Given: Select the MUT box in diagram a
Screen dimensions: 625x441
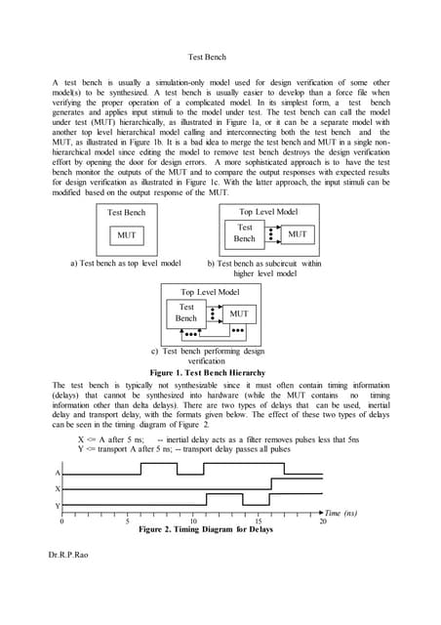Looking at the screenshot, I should (128, 234).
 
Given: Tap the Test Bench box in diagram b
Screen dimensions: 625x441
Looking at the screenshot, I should (245, 232).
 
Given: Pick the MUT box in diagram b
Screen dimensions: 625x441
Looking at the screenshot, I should (298, 234).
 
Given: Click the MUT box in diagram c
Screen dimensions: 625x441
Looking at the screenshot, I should (239, 313).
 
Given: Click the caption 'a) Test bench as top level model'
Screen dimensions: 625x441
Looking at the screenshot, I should (127, 263).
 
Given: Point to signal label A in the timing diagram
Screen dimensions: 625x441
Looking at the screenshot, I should (57, 472).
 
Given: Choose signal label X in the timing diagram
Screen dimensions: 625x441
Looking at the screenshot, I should (57, 488).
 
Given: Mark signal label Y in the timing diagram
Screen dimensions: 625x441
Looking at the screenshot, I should (57, 505).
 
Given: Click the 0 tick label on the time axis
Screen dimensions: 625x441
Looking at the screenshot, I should (62, 521).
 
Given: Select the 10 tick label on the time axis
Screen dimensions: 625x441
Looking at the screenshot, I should (193, 521).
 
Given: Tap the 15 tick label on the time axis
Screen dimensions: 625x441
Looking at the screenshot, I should (259, 521).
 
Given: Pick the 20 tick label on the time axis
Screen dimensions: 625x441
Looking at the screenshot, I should (323, 521).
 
